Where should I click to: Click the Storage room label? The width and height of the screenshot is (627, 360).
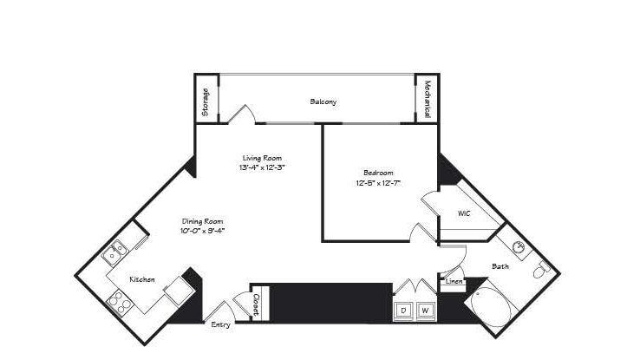pyautogui.click(x=206, y=102)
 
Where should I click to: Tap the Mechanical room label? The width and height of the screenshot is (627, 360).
pyautogui.click(x=427, y=99)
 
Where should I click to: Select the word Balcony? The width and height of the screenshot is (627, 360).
pyautogui.click(x=323, y=101)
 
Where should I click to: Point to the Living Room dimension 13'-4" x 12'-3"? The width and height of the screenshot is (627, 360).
pyautogui.click(x=262, y=167)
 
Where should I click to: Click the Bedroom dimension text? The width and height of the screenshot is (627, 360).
pyautogui.click(x=378, y=183)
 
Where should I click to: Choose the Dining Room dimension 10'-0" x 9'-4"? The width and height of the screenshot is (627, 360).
pyautogui.click(x=202, y=231)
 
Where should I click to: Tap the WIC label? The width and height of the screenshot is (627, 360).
pyautogui.click(x=464, y=213)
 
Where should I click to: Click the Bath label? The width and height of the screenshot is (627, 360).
pyautogui.click(x=500, y=266)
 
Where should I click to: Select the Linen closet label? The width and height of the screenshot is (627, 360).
pyautogui.click(x=454, y=281)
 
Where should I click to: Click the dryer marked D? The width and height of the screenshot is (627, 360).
pyautogui.click(x=403, y=311)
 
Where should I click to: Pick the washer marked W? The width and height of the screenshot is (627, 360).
pyautogui.click(x=425, y=311)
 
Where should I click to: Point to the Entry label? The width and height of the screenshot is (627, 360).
pyautogui.click(x=221, y=325)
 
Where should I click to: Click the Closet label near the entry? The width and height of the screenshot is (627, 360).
pyautogui.click(x=257, y=304)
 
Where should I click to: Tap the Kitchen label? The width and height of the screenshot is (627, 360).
pyautogui.click(x=142, y=279)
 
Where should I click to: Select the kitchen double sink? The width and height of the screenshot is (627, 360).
pyautogui.click(x=114, y=252)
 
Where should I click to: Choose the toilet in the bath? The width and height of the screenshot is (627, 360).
pyautogui.click(x=541, y=270)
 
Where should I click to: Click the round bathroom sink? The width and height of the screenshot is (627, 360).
pyautogui.click(x=519, y=247)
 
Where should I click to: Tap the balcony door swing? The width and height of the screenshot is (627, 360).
pyautogui.click(x=242, y=114)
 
